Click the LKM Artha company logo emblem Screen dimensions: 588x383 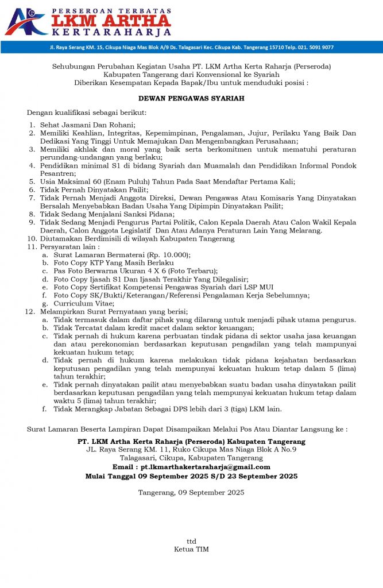pyautogui.click(x=26, y=21)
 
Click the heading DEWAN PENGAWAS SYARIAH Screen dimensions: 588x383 pyautogui.click(x=191, y=98)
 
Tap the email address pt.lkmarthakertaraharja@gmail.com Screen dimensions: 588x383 pyautogui.click(x=206, y=467)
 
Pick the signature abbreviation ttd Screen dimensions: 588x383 pyautogui.click(x=191, y=541)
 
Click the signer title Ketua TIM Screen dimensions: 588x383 pyautogui.click(x=191, y=550)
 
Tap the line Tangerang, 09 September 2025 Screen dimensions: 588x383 pyautogui.click(x=191, y=492)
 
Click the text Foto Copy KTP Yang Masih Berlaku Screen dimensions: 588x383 pyautogui.click(x=114, y=262)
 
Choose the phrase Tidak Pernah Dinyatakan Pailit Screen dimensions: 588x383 pyautogui.click(x=94, y=189)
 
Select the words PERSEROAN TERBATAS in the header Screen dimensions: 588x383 pyautogui.click(x=113, y=11)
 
